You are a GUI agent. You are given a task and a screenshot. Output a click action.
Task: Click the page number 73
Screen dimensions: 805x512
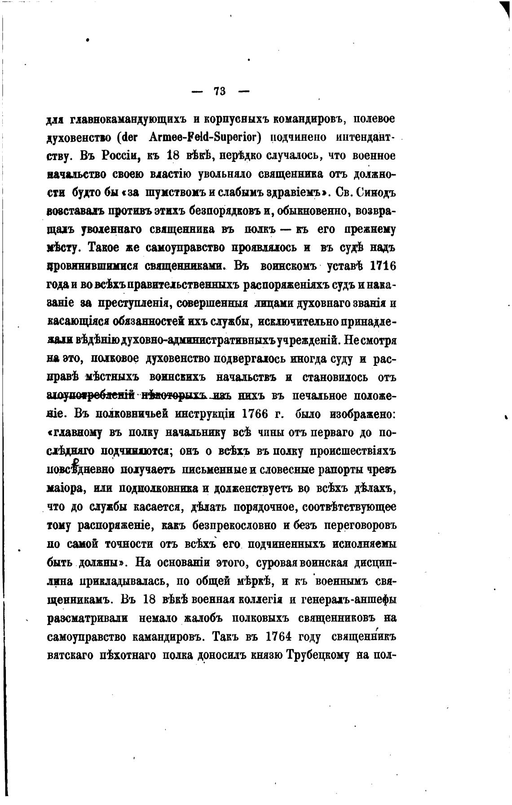[x=220, y=91]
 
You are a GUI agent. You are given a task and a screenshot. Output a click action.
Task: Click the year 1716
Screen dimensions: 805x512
[x=382, y=266]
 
